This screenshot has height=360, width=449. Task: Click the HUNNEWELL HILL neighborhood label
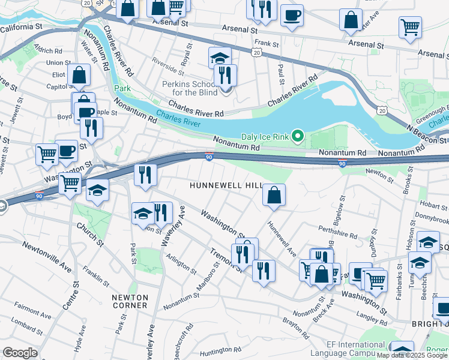click(226, 186)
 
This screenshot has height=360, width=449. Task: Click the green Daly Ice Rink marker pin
click(296, 136)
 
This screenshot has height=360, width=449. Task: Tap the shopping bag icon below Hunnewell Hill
click(273, 196)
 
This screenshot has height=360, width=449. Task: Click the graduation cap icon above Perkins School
click(220, 58)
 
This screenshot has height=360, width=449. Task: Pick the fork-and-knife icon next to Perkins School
click(226, 75)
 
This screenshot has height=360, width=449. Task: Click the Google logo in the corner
click(20, 353)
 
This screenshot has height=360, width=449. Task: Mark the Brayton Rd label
click(292, 328)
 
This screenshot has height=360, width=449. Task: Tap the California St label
click(22, 27)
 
